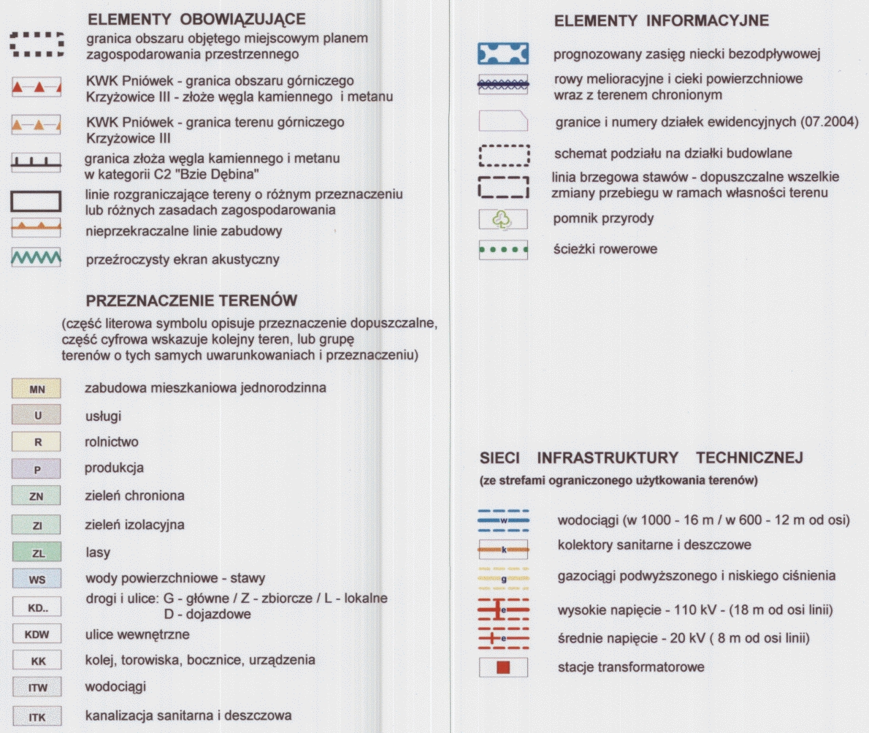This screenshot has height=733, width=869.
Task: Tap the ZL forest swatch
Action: point(37,553)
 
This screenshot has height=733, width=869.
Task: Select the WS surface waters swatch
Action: point(37,580)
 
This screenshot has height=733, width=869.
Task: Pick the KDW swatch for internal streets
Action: point(37,634)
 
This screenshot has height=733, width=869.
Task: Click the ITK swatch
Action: point(37,717)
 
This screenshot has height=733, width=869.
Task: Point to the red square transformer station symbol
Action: point(502,667)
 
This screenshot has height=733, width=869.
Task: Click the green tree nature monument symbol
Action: point(502,219)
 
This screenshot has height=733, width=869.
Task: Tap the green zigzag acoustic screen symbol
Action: point(36,258)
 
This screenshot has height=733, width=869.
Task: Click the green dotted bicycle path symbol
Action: point(502,249)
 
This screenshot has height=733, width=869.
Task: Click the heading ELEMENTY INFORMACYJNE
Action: point(662,21)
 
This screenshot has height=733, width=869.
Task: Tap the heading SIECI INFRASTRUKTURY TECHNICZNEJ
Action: point(641,458)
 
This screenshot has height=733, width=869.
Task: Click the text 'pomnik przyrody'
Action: point(593,219)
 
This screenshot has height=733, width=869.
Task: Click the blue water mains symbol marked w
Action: point(502,520)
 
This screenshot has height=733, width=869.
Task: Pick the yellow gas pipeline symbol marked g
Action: point(502,577)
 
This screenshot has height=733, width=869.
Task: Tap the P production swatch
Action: point(37,469)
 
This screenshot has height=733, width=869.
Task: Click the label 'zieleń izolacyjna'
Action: point(134,525)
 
